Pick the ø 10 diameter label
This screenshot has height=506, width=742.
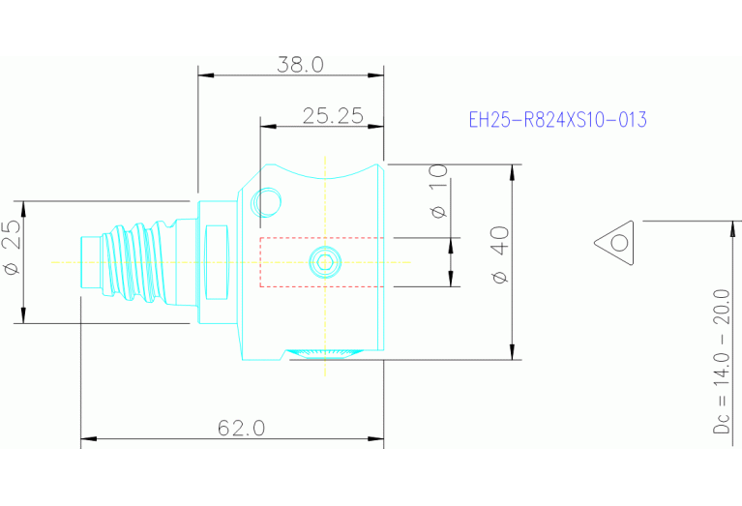click(x=438, y=191)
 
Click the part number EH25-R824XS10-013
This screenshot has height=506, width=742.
click(x=557, y=120)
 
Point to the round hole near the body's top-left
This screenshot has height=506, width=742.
click(x=266, y=202)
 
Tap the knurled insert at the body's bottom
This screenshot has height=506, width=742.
click(x=326, y=353)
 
